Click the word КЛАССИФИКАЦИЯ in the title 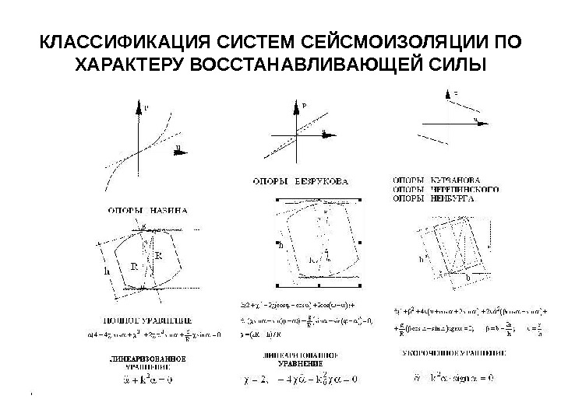point(109,40)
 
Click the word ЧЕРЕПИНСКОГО point(465,188)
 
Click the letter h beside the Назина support point(106,271)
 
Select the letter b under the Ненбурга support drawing point(467,275)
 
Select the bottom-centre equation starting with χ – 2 point(300,380)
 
